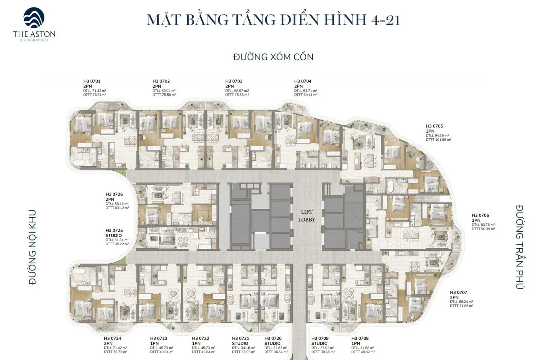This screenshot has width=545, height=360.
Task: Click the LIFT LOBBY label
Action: tap(307, 216)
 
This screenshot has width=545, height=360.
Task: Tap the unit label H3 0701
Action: tap(92, 81)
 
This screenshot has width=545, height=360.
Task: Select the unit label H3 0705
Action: tap(434, 126)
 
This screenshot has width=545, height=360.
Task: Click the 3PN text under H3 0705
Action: tap(430, 131)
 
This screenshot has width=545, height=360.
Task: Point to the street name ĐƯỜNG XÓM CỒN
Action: tap(273, 57)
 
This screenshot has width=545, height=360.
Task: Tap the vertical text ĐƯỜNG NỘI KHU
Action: tap(33, 247)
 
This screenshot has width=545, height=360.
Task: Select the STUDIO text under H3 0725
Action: tap(113, 235)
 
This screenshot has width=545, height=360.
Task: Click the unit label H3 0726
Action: tap(114, 194)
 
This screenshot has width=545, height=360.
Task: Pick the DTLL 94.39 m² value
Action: tap(437, 136)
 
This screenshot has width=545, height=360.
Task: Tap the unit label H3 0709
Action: tap(320, 338)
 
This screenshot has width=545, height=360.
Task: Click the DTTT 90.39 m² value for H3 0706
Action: tap(483, 229)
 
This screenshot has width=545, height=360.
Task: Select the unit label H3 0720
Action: tap(273, 338)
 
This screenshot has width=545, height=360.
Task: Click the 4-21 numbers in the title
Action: tap(385, 20)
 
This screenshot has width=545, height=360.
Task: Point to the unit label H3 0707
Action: tap(458, 292)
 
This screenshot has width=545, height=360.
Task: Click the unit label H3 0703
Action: tap(234, 81)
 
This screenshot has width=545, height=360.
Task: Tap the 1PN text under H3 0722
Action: tap(196, 343)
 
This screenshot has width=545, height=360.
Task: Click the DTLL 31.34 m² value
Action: tap(117, 240)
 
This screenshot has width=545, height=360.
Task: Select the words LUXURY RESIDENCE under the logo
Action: tap(34, 40)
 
